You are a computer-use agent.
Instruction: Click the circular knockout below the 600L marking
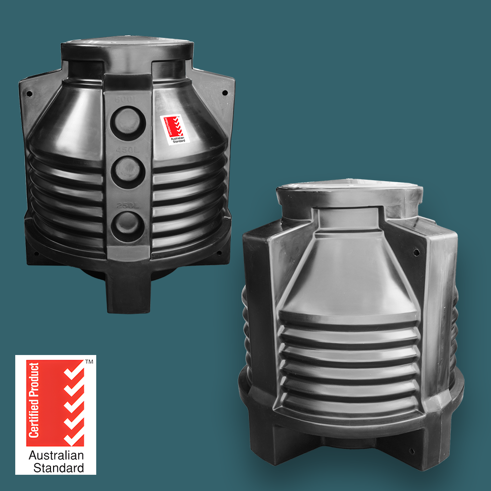(x=128, y=123)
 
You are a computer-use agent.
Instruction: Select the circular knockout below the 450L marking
(x=128, y=172)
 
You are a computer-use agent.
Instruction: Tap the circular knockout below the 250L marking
(x=128, y=226)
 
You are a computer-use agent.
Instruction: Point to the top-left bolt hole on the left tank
(x=29, y=93)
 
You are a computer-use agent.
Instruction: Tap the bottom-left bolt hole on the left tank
(x=36, y=253)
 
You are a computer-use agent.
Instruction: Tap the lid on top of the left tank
(x=127, y=47)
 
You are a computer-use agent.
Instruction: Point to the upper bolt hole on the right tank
(x=416, y=252)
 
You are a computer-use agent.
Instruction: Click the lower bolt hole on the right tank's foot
(x=411, y=451)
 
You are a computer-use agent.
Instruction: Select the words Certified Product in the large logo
(x=34, y=400)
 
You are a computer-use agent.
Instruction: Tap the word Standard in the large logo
(x=58, y=467)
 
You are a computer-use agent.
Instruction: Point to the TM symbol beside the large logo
(x=89, y=362)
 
